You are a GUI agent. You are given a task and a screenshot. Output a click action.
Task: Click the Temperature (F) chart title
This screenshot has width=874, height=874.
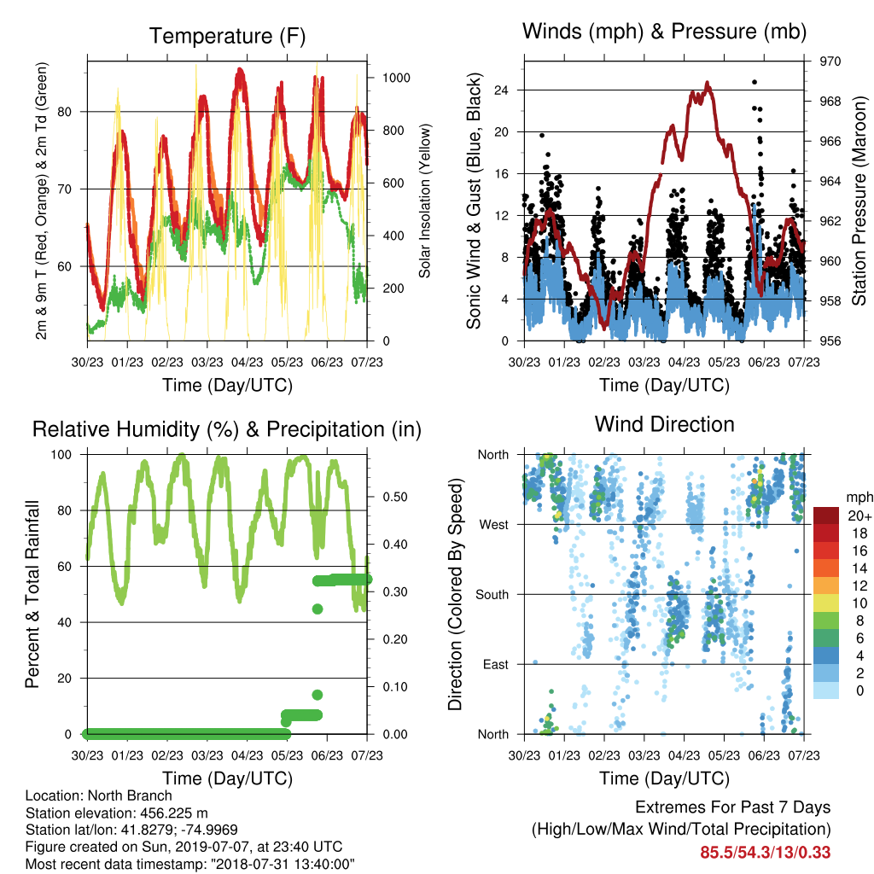coord(227,36)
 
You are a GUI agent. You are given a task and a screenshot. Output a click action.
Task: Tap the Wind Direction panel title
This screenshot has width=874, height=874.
coord(664,424)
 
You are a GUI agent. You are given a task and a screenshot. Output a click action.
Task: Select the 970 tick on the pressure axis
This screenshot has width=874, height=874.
coord(830,61)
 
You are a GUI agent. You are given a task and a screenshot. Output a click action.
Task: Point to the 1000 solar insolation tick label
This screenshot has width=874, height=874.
coord(396,78)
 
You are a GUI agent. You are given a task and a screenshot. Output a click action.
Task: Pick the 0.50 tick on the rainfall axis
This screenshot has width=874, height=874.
coord(395,498)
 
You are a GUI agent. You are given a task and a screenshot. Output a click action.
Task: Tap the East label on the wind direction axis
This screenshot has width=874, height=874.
coord(496,664)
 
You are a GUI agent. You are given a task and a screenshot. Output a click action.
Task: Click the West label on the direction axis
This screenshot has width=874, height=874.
coord(494,525)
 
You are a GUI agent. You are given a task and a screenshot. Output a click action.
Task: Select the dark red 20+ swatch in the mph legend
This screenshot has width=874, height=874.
coord(825,516)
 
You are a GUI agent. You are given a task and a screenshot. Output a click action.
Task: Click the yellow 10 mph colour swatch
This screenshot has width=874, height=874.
coord(825,603)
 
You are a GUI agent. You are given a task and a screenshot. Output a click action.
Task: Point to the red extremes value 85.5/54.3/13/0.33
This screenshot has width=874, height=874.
coord(766,853)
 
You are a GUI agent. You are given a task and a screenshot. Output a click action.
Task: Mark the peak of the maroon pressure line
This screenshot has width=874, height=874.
coord(708,83)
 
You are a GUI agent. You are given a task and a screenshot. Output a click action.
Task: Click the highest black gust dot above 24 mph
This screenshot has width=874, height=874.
coord(755,82)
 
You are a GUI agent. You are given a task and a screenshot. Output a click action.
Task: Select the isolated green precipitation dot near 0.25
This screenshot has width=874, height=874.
coord(318,609)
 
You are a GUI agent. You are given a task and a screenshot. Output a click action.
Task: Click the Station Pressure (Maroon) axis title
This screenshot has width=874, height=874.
coord(859,201)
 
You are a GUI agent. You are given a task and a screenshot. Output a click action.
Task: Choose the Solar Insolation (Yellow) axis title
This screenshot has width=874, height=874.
coord(425,201)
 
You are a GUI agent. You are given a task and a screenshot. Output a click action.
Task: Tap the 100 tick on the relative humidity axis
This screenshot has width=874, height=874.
coord(61,455)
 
